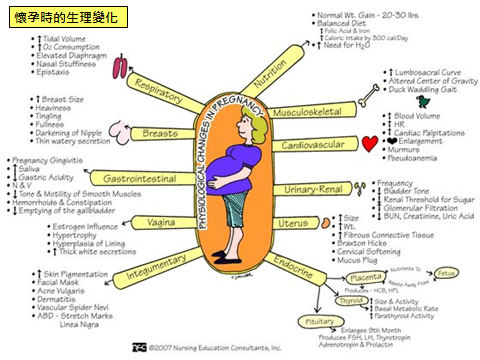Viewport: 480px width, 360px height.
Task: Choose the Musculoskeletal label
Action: coord(308,110)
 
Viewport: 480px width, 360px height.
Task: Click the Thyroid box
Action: coord(349,299)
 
